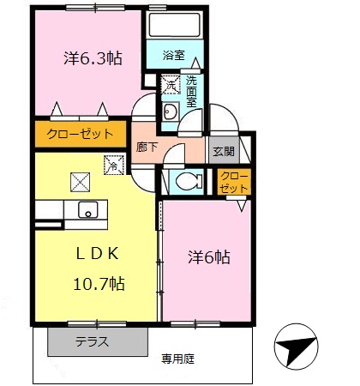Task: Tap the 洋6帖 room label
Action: (x=210, y=256)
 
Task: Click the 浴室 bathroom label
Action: (x=174, y=56)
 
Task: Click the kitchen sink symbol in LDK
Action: (x=87, y=209)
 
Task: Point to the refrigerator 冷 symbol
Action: (x=111, y=162)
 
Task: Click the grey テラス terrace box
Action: (x=92, y=341)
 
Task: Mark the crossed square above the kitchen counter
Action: (x=80, y=181)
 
